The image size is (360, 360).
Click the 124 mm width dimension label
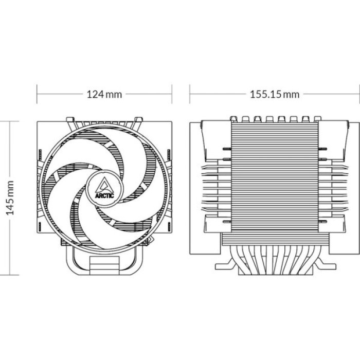point(104,94)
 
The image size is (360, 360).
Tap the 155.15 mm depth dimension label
point(274,94)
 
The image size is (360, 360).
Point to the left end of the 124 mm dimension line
point(37,94)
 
